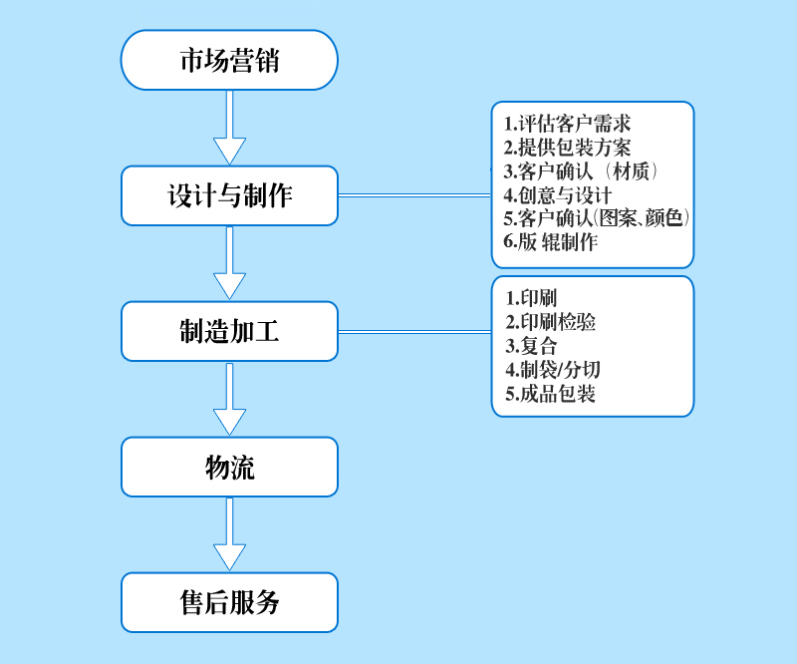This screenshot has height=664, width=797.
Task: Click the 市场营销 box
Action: point(229,60)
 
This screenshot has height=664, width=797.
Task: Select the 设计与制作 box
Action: point(229,195)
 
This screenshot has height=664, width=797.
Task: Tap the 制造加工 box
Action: point(229,331)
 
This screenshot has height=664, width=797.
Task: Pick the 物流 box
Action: point(229,467)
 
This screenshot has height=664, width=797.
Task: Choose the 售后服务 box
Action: point(229,602)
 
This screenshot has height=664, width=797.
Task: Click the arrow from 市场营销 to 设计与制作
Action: point(229,128)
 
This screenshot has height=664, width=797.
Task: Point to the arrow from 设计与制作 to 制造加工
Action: point(229,263)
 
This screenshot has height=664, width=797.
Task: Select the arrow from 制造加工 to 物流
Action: point(229,399)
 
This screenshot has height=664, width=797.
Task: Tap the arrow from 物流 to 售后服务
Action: point(229,534)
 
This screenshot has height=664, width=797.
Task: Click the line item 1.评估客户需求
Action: point(567,125)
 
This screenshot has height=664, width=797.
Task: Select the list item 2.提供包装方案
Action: point(567,148)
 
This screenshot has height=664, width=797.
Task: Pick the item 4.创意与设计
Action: point(557,194)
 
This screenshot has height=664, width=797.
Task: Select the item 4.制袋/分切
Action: point(553,370)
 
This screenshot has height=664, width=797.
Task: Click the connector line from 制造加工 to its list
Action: point(414,331)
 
